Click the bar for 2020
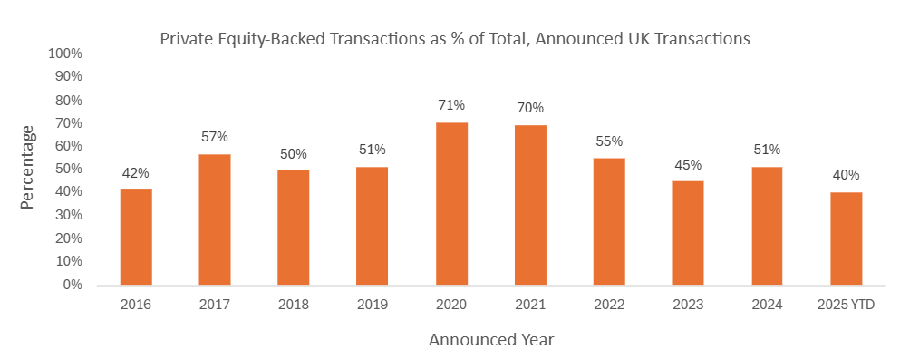click(451, 204)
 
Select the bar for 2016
click(136, 237)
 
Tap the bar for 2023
click(688, 233)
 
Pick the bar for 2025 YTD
click(846, 238)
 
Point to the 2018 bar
click(294, 228)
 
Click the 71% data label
click(451, 105)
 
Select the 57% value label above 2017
click(215, 137)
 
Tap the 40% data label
click(846, 175)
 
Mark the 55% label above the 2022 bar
click(609, 141)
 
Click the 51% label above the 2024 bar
click(767, 150)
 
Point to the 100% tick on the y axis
click(64, 54)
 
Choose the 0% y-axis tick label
click(71, 285)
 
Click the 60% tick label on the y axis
click(68, 146)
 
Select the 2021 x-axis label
click(530, 305)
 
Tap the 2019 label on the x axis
click(373, 305)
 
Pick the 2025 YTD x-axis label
click(846, 305)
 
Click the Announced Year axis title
click(491, 340)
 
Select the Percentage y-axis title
click(28, 168)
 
